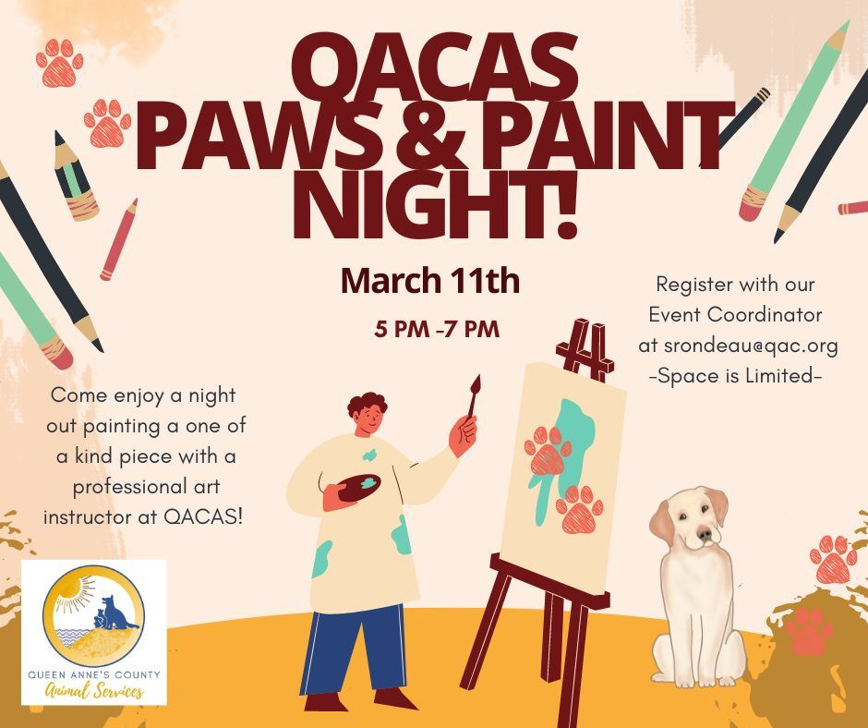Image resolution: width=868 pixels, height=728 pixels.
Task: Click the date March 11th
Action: coord(429,281)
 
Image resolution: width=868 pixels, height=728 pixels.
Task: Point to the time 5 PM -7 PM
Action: coord(437,329)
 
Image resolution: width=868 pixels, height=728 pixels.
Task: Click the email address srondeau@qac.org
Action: coord(738,346)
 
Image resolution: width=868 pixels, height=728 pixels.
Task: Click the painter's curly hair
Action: coord(367,404)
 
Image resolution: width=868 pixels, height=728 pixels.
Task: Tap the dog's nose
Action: coord(706,536)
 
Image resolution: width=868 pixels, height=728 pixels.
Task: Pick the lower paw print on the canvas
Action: coord(580,509)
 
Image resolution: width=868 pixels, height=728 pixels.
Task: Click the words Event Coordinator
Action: coord(735,314)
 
